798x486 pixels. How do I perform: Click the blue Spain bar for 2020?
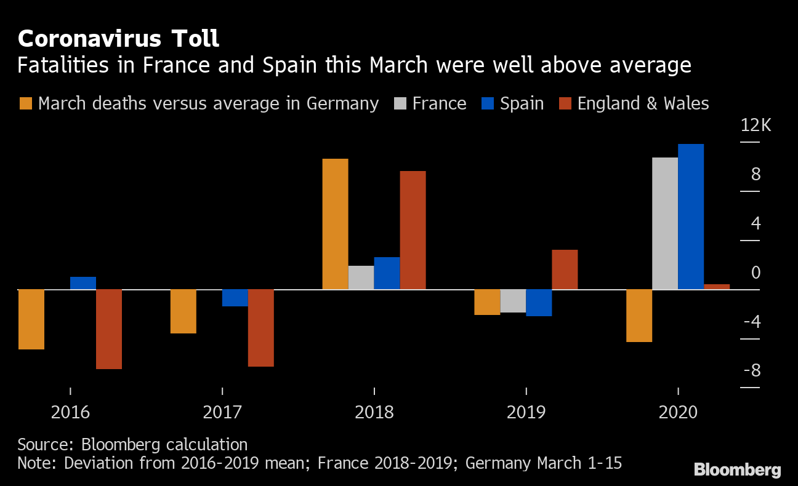[691, 217]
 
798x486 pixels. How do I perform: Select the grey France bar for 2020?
[665, 223]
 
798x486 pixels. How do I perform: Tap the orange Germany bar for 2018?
[335, 224]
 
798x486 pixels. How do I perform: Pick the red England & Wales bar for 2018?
[413, 230]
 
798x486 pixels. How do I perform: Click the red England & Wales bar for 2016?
[109, 329]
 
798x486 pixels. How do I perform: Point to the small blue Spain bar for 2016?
[83, 283]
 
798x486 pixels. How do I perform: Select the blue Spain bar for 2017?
[235, 298]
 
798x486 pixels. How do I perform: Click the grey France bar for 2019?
[513, 301]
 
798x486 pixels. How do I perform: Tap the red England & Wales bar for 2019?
[565, 269]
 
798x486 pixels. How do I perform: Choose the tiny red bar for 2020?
[717, 287]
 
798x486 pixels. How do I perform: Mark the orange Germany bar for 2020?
[639, 316]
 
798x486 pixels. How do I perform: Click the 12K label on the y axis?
[756, 126]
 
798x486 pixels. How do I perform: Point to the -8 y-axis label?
[751, 371]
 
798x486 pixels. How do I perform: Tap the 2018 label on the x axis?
[374, 412]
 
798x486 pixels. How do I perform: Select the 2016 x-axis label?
[70, 412]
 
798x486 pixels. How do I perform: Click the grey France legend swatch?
[400, 103]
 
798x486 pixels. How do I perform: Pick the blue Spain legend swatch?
[487, 103]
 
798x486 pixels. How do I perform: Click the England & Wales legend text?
[643, 103]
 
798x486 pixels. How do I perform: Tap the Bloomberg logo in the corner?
[737, 471]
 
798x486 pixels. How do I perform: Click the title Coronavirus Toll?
[118, 39]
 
